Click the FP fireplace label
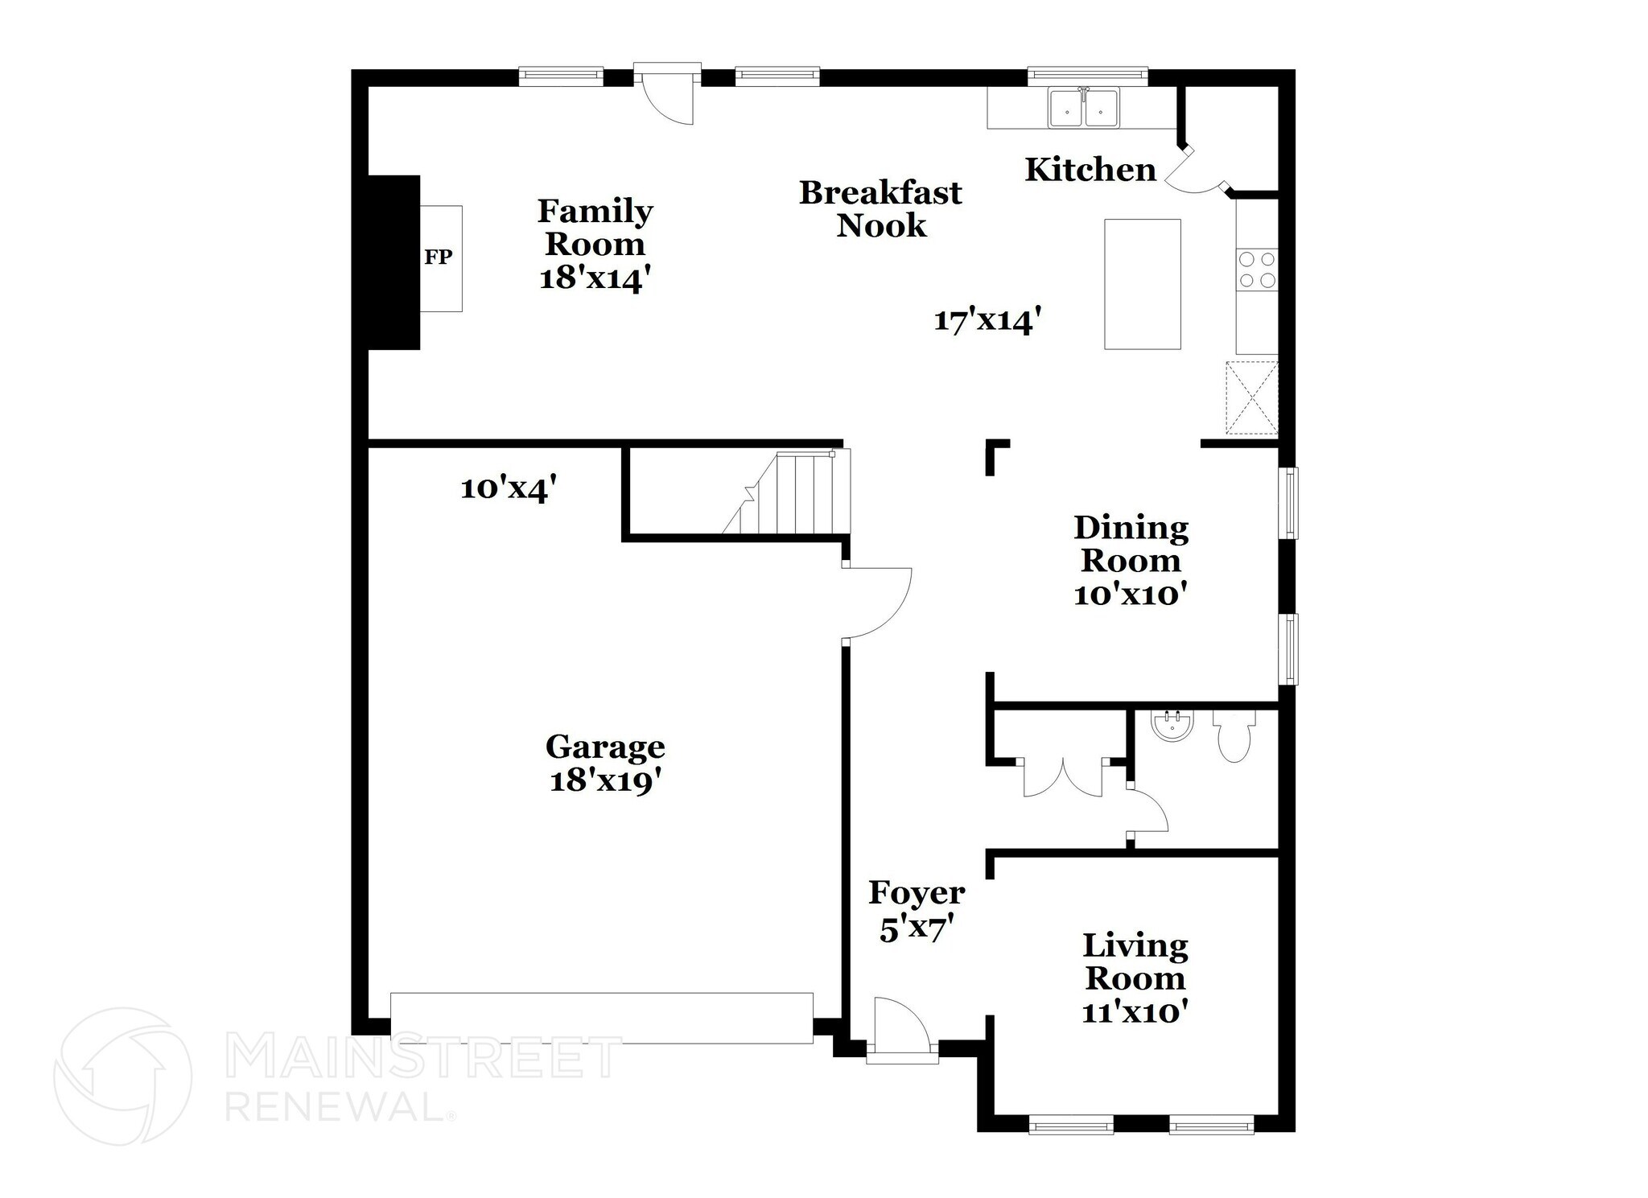439,257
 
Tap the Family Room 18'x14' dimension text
594,279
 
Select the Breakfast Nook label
880,209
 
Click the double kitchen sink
1083,108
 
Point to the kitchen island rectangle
1142,284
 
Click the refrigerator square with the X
1251,398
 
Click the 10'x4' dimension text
509,488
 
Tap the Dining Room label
1131,544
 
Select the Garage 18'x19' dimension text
607,781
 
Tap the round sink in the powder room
1172,726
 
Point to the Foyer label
917,892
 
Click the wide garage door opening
601,1018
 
